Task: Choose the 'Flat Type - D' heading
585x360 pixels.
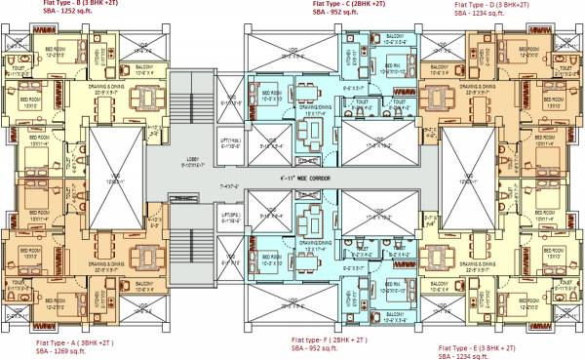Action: click(475, 4)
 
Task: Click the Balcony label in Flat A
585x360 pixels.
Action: click(145, 286)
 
